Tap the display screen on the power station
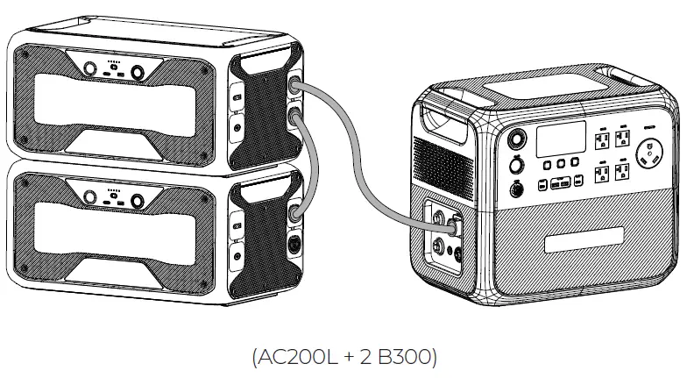pyautogui.click(x=561, y=139)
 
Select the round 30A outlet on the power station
pyautogui.click(x=648, y=153)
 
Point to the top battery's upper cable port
pyautogui.click(x=294, y=84)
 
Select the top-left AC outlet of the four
pyautogui.click(x=602, y=140)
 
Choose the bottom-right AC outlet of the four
pyautogui.click(x=622, y=172)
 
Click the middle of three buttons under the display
pyautogui.click(x=561, y=164)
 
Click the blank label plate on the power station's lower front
pyautogui.click(x=584, y=239)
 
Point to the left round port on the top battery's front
pyautogui.click(x=89, y=68)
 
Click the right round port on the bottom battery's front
pyautogui.click(x=138, y=202)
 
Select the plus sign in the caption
pyautogui.click(x=349, y=358)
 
